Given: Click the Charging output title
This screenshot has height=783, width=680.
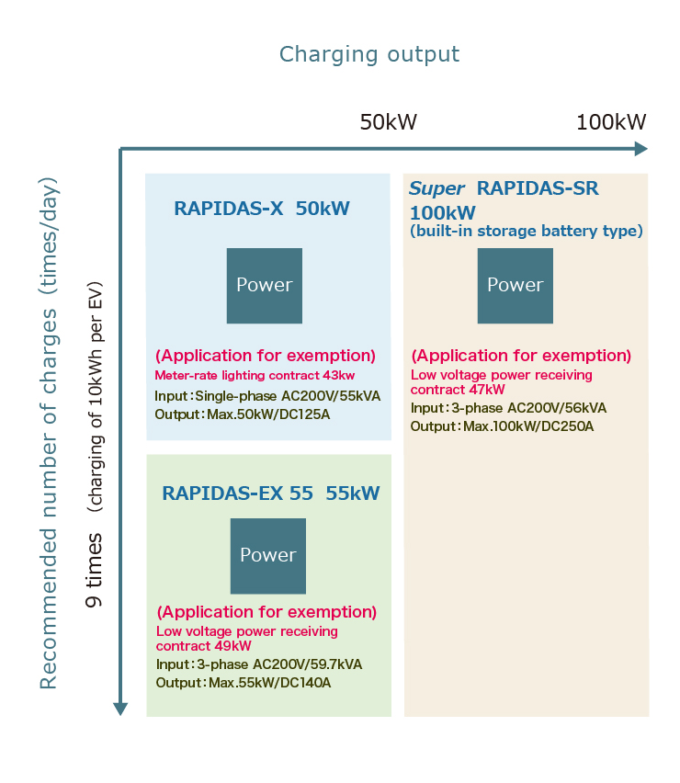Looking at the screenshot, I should (368, 54).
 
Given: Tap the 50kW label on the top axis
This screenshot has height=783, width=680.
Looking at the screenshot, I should (388, 123).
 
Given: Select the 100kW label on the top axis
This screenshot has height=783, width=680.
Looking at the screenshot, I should (611, 123).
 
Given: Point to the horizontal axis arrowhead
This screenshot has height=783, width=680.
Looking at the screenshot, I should (640, 149).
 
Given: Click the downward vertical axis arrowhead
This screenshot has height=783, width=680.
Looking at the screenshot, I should (120, 708).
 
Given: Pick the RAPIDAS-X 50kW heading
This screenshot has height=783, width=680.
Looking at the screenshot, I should (262, 209).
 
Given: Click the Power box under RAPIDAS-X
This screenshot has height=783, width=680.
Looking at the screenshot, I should (265, 285).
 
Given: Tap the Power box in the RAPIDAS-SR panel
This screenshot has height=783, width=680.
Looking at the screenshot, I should (516, 285).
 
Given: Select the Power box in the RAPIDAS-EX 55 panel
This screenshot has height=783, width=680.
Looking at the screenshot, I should (268, 555).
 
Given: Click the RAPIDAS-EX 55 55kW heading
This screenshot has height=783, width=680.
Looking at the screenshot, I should (271, 494).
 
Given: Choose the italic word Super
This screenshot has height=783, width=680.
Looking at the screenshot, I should (436, 189).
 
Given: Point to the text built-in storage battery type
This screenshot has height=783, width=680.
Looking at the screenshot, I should (527, 231).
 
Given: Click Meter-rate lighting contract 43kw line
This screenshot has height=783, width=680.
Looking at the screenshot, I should (255, 375).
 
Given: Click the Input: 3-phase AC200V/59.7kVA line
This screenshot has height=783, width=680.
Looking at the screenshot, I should (259, 664).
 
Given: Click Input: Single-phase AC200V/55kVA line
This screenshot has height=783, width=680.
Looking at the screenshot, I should (267, 396).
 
